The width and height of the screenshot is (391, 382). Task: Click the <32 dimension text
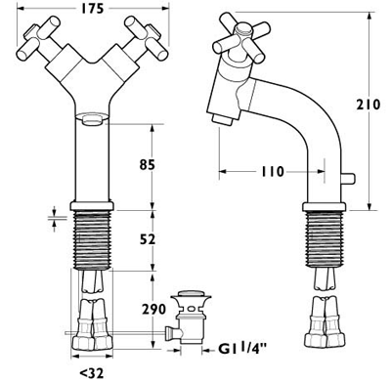tap(91, 371)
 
